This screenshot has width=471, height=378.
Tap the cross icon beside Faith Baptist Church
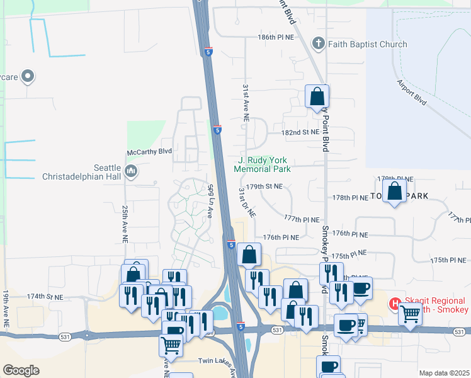319,44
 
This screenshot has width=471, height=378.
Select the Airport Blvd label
412,92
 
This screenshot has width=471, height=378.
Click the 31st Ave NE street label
246,101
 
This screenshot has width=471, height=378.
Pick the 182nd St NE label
300,132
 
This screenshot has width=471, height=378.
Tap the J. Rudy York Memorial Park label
263,164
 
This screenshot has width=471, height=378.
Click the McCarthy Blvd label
149,151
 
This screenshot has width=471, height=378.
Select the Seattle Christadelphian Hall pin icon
131,171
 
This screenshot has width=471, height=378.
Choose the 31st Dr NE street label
247,202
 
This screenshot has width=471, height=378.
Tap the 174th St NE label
45,296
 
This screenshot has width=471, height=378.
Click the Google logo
21,370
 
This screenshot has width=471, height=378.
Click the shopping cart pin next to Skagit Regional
411,312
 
